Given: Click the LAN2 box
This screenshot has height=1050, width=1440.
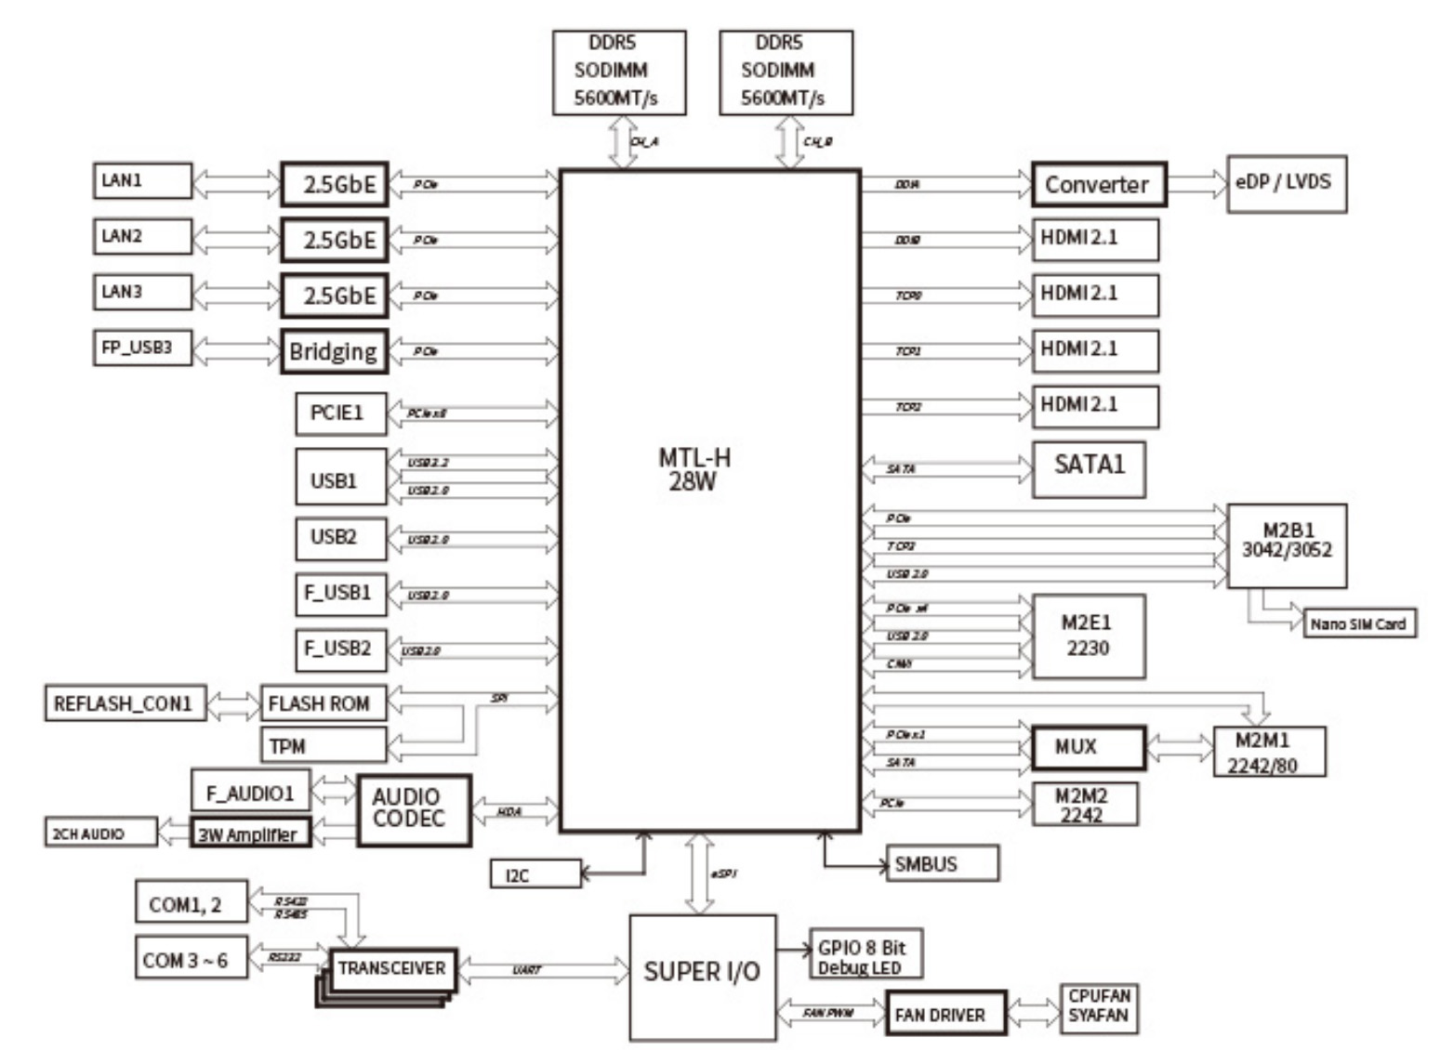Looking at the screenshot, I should pyautogui.click(x=142, y=236).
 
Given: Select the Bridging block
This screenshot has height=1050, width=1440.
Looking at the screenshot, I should pyautogui.click(x=334, y=351).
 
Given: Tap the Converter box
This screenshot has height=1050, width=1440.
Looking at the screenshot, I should pyautogui.click(x=1098, y=184).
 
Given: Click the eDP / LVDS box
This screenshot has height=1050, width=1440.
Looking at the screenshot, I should pyautogui.click(x=1286, y=183).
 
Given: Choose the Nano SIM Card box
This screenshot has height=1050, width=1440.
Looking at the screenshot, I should pyautogui.click(x=1358, y=623).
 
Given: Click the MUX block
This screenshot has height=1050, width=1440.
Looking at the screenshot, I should pyautogui.click(x=1088, y=747).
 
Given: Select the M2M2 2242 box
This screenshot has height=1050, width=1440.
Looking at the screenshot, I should pyautogui.click(x=1084, y=805).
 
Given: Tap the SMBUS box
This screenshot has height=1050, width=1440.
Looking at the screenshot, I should pyautogui.click(x=942, y=863).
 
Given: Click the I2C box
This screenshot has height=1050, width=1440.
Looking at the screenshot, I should pyautogui.click(x=535, y=874).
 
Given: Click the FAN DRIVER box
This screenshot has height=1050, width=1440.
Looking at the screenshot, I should pyautogui.click(x=945, y=1014).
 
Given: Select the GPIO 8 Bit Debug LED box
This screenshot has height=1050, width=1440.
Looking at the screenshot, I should pyautogui.click(x=865, y=954).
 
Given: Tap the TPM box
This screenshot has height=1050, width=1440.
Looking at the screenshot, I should pyautogui.click(x=323, y=745).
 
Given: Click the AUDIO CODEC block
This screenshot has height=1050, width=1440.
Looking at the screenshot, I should pyautogui.click(x=414, y=809).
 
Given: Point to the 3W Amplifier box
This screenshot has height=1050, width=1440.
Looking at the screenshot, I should pyautogui.click(x=250, y=833).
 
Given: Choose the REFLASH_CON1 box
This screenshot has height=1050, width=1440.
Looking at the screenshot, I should pyautogui.click(x=125, y=703).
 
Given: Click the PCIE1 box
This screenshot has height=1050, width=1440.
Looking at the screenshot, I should pyautogui.click(x=340, y=413).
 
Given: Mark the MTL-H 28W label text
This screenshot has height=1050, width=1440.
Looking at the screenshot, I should pyautogui.click(x=694, y=469).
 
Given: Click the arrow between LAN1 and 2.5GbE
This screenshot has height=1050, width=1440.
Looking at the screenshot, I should pyautogui.click(x=236, y=182).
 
